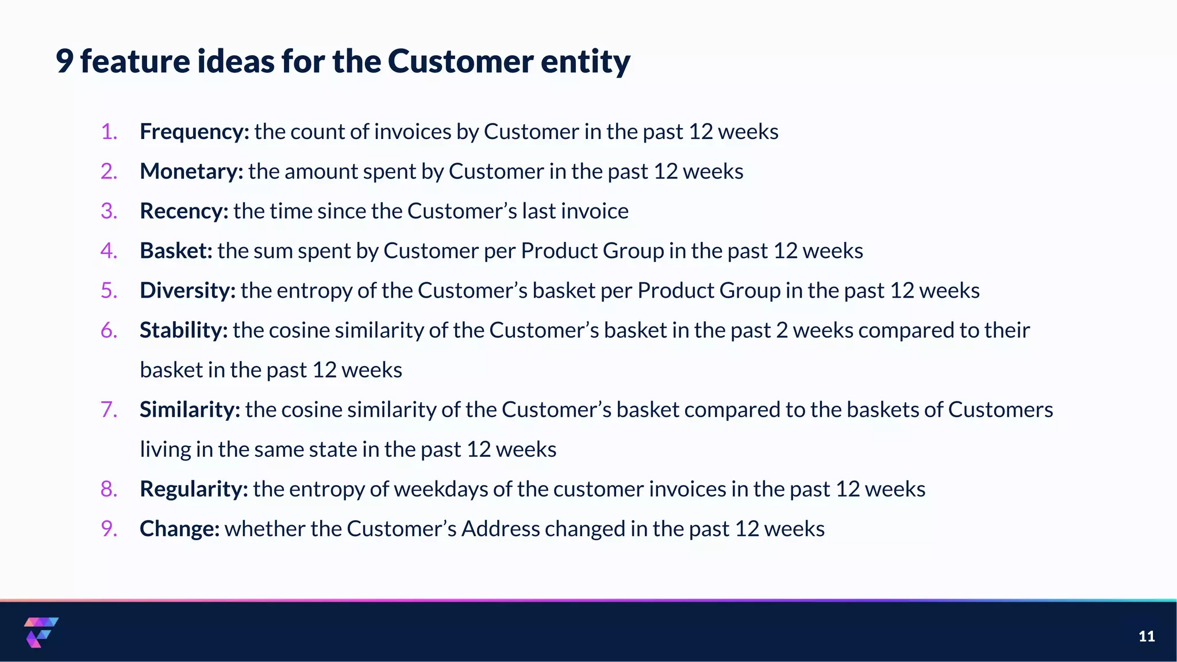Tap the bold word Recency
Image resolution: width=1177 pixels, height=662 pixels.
tap(184, 211)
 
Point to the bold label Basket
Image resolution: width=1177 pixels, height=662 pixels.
tap(176, 251)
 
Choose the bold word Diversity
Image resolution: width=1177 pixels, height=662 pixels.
tap(187, 291)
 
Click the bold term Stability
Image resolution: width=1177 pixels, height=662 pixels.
tap(183, 330)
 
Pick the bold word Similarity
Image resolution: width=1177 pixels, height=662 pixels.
tap(190, 410)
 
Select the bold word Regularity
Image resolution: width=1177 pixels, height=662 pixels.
tap(194, 489)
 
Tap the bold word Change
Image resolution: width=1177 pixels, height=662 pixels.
tap(179, 529)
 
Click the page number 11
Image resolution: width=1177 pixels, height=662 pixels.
tap(1147, 636)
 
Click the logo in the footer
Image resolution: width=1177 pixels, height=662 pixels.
tap(41, 632)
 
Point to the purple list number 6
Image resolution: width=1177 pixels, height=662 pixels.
tap(109, 330)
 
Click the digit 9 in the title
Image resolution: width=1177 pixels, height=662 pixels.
tap(64, 61)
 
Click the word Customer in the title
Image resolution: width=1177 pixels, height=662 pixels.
tap(460, 61)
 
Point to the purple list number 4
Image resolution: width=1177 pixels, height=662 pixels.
tap(109, 251)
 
